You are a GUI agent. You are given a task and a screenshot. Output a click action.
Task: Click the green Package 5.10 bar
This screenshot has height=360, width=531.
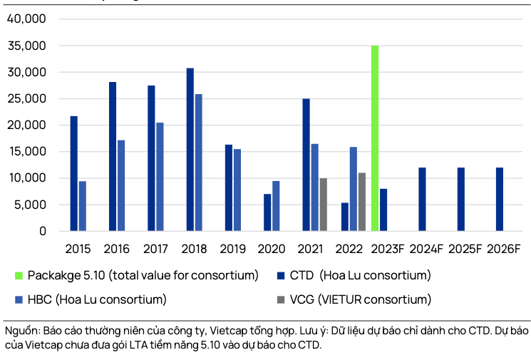click(x=375, y=138)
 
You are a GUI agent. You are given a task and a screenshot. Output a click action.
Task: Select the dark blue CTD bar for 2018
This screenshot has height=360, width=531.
click(x=190, y=150)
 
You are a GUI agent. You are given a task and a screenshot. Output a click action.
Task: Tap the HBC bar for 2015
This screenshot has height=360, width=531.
click(x=83, y=206)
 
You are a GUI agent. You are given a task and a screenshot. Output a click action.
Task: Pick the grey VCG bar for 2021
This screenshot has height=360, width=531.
click(x=323, y=205)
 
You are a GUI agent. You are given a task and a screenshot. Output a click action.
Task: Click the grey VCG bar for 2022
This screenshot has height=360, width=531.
click(x=362, y=202)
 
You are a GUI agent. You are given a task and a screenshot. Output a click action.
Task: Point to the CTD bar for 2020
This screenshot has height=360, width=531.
click(x=267, y=212)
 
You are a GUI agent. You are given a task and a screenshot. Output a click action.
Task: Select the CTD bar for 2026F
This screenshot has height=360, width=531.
click(x=500, y=200)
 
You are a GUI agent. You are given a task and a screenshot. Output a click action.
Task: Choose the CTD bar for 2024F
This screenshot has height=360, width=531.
click(x=422, y=200)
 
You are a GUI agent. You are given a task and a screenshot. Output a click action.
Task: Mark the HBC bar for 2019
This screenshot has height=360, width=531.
click(x=237, y=190)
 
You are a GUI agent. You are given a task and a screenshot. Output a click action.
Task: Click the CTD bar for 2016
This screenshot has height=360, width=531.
click(x=113, y=157)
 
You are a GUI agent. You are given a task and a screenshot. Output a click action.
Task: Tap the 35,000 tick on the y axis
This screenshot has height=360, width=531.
click(x=26, y=46)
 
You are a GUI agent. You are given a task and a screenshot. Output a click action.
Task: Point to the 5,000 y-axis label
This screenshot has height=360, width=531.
click(x=31, y=205)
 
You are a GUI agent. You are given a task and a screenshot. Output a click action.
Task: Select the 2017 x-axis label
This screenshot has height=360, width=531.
click(x=155, y=249)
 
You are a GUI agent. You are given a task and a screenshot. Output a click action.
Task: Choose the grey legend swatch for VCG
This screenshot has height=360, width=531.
click(x=279, y=299)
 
